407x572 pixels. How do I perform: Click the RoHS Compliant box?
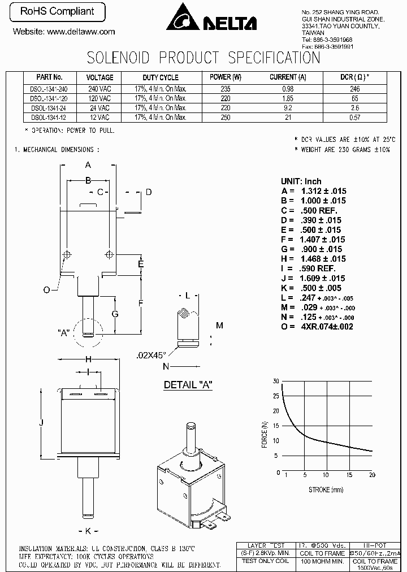point(57,11)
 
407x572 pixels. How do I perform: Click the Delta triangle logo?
point(183,17)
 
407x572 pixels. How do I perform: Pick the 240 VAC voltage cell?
point(99,89)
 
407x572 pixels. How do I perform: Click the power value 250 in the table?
point(226,117)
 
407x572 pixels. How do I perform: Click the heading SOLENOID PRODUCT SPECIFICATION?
point(203,58)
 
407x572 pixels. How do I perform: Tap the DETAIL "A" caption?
point(188,385)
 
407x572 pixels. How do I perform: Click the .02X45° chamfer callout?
point(151,356)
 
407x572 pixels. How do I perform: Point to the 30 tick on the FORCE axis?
point(275,381)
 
